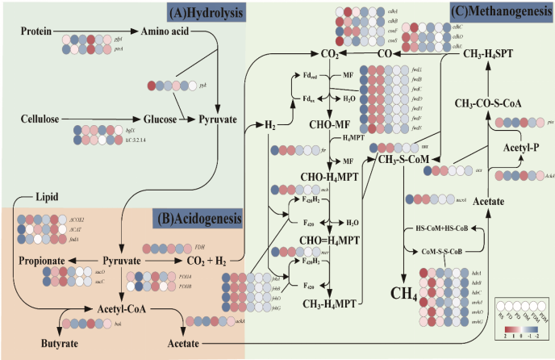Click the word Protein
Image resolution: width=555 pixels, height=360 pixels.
36,31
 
